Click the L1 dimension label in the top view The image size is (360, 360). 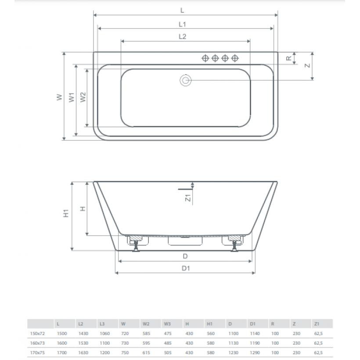click(x=182, y=24)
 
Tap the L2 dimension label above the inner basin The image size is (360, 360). click(x=182, y=36)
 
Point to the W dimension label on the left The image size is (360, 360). click(x=59, y=97)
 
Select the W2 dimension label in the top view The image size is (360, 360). click(x=83, y=97)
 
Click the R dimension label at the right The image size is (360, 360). click(x=288, y=58)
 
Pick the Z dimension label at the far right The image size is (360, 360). click(x=307, y=66)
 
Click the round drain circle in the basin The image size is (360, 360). click(x=185, y=80)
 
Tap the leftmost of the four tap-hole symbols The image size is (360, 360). click(x=205, y=58)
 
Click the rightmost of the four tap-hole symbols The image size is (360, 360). click(x=235, y=58)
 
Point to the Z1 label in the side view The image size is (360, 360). click(x=188, y=198)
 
